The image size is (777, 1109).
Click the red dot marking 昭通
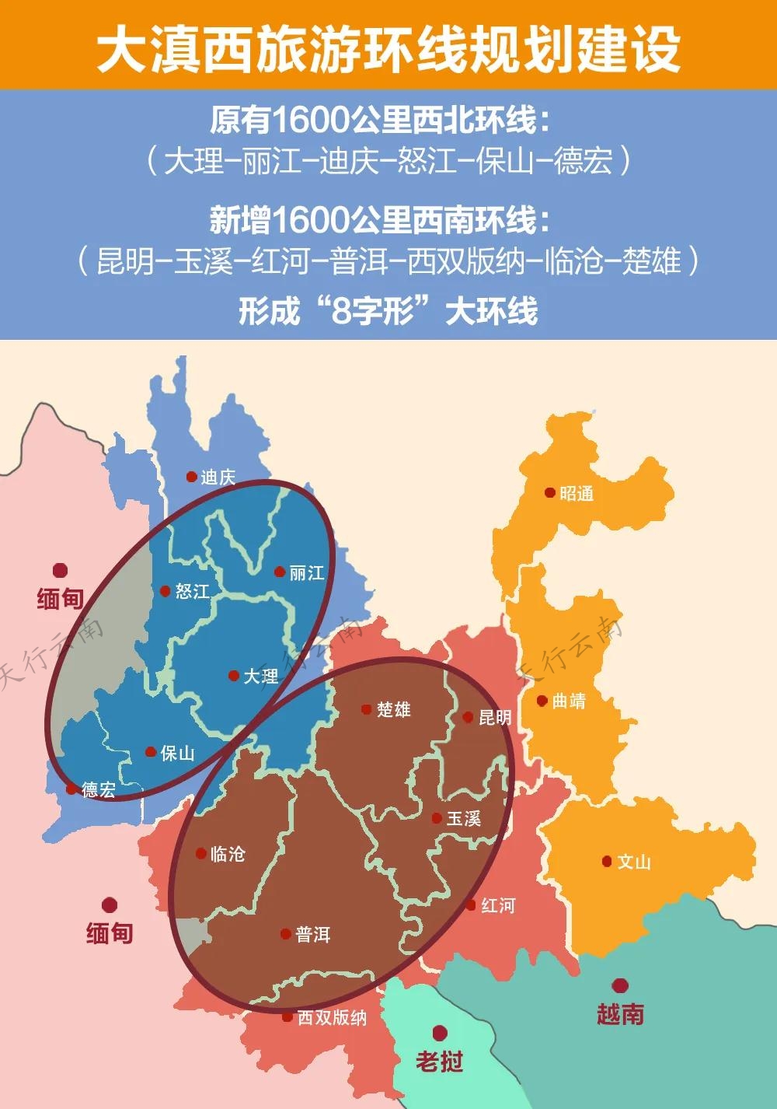point(549,492)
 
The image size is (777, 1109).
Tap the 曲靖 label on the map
point(569,701)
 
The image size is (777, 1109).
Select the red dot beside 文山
point(607,861)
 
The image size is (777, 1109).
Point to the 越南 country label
point(620,1013)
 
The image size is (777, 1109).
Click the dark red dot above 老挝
point(440,1033)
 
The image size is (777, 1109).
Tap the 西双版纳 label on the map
point(332,1017)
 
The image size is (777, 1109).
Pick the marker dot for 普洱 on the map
point(285,934)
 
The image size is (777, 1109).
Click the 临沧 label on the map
point(228,854)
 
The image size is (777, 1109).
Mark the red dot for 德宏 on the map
point(71,789)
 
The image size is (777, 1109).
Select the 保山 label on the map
point(177,753)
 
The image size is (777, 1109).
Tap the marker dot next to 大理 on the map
point(233,676)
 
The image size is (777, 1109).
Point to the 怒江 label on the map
point(192,591)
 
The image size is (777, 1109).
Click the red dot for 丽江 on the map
point(280,572)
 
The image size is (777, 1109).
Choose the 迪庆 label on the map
point(218,477)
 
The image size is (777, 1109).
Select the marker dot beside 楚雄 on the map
point(366,708)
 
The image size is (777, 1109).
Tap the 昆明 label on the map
point(495,717)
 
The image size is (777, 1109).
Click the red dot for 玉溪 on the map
point(437,817)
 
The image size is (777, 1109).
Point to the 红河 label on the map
point(497,905)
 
